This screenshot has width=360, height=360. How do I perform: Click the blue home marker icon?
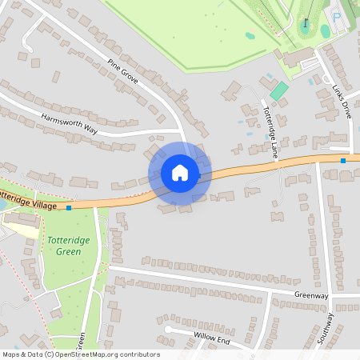click(x=180, y=172)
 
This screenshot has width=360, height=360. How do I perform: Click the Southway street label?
click(x=326, y=328)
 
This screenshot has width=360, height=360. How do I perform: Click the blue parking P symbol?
click(x=337, y=16)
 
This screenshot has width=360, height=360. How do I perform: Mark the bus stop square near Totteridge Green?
click(x=70, y=208)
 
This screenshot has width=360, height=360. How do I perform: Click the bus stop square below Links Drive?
click(x=343, y=161)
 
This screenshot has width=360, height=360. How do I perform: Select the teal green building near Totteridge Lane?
click(x=278, y=90)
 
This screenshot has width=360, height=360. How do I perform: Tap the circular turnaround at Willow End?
click(x=169, y=329)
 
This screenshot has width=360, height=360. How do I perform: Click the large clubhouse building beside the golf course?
click(x=298, y=56)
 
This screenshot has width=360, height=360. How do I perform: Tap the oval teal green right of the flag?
click(x=326, y=30)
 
